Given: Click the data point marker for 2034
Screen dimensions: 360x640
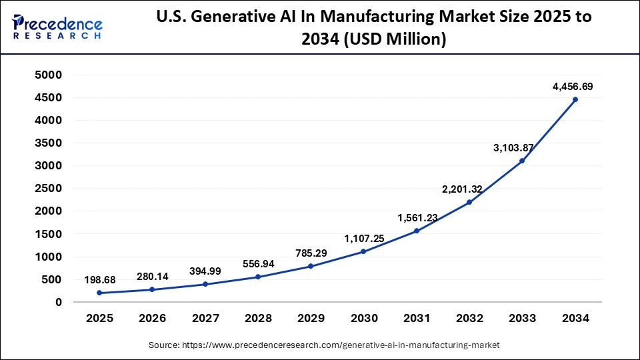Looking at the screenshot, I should click(x=575, y=99).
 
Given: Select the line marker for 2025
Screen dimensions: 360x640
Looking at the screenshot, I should click(x=99, y=293).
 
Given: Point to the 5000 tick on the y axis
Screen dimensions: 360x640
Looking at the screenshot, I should click(x=48, y=75).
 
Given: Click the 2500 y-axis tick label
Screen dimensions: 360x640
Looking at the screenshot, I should click(x=48, y=189).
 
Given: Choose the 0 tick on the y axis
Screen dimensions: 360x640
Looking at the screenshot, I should click(x=58, y=302).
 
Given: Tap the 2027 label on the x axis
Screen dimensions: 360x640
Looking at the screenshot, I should click(x=205, y=319).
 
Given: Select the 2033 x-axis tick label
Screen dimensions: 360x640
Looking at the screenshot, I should click(x=523, y=319).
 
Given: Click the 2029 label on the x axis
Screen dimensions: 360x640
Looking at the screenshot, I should click(x=311, y=319).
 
